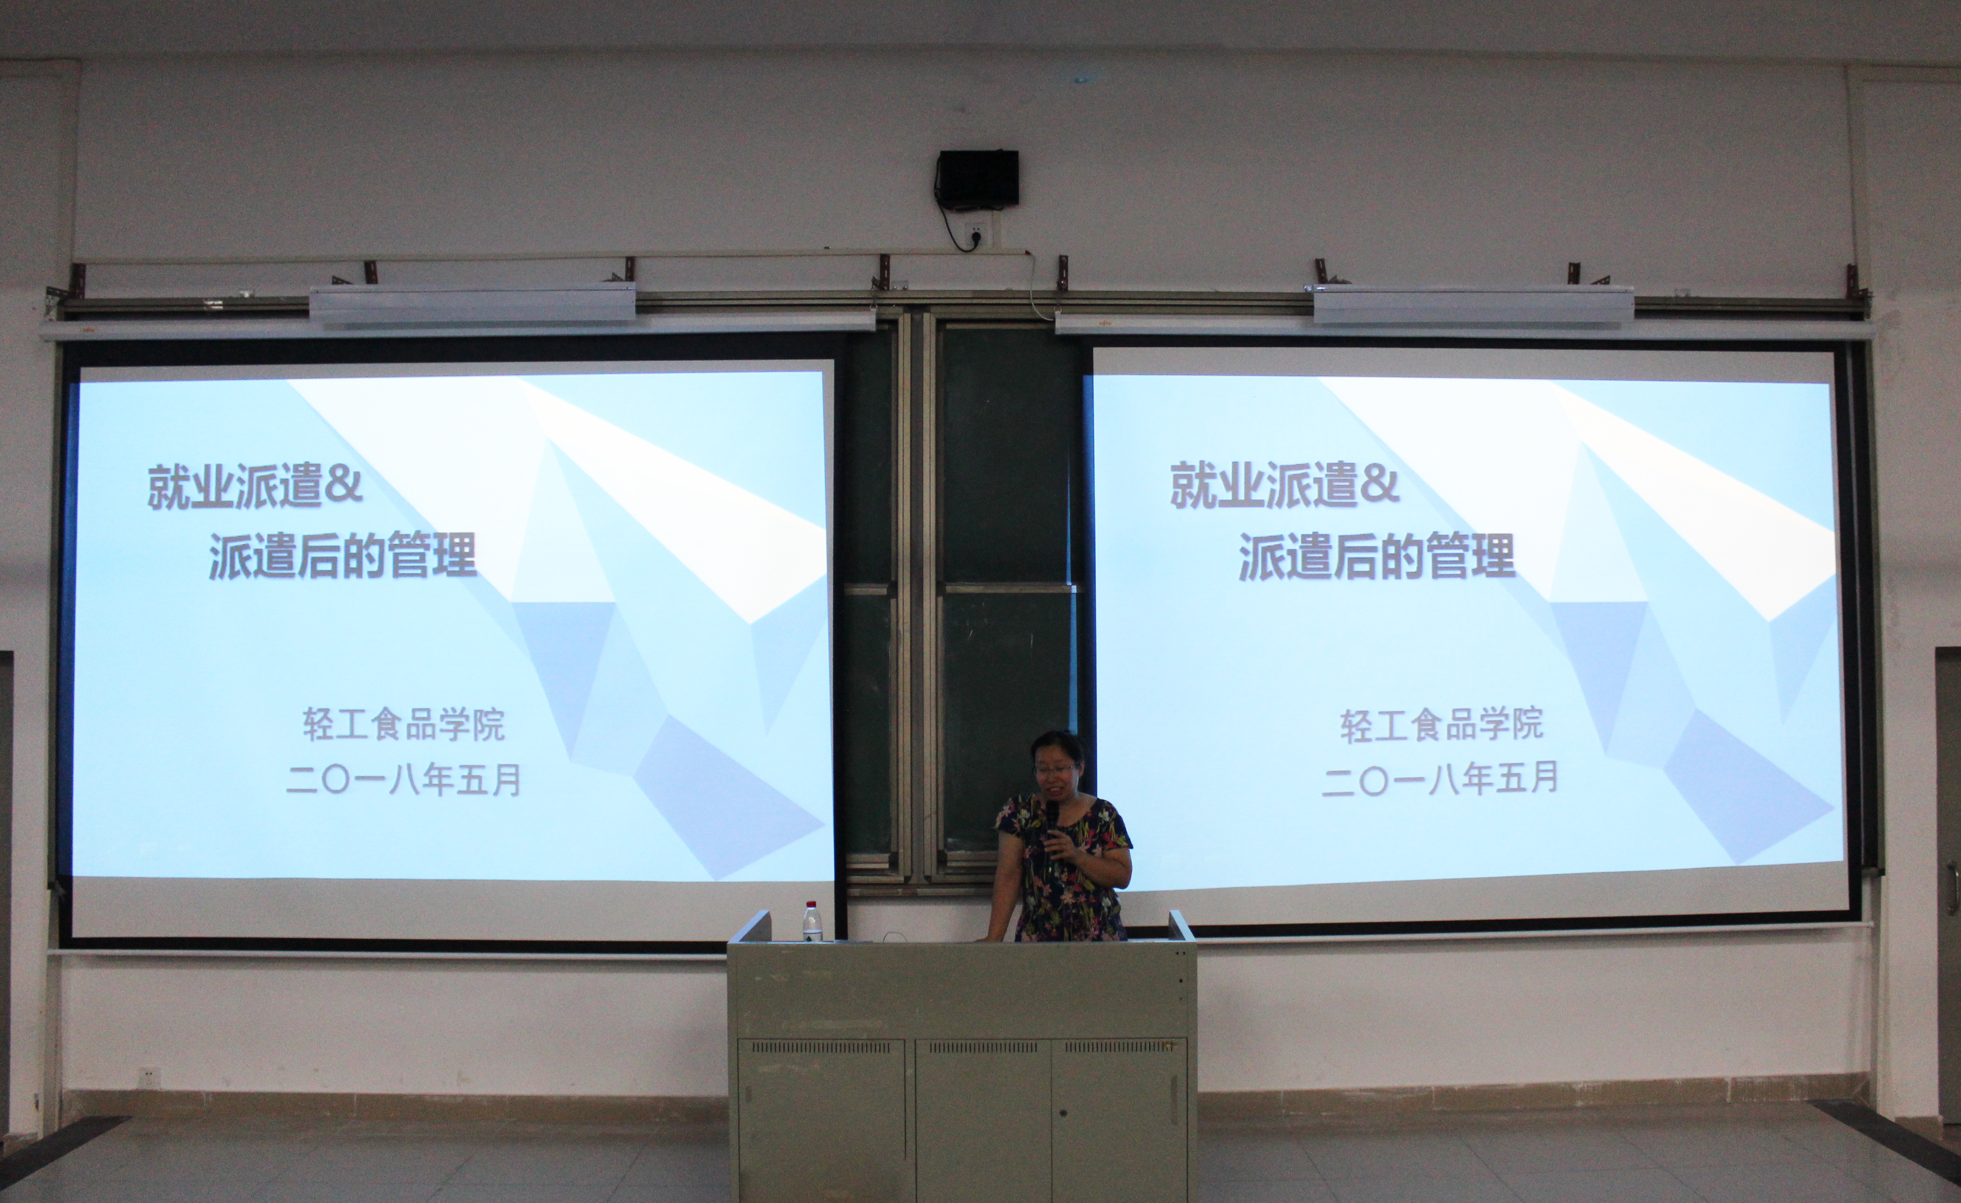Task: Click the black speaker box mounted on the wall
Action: click(977, 177)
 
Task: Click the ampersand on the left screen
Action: click(344, 484)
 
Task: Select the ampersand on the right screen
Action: click(1379, 484)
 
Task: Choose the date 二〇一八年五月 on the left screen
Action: click(403, 780)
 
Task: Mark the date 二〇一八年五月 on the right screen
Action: click(1440, 777)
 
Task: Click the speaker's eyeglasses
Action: click(1055, 769)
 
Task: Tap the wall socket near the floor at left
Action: click(149, 1078)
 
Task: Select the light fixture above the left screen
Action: click(473, 305)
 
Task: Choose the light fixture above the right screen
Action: click(1473, 306)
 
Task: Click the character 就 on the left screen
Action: click(169, 487)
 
